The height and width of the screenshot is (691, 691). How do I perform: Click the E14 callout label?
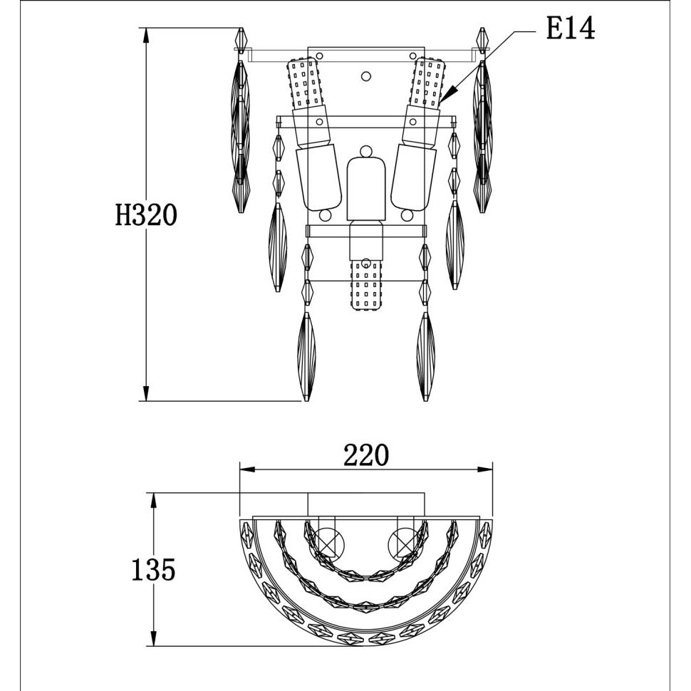(x=570, y=29)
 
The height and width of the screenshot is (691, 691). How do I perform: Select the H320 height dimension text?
(x=146, y=216)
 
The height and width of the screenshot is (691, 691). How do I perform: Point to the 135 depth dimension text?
(x=153, y=569)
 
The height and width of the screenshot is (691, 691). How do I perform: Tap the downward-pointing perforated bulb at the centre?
(x=365, y=285)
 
